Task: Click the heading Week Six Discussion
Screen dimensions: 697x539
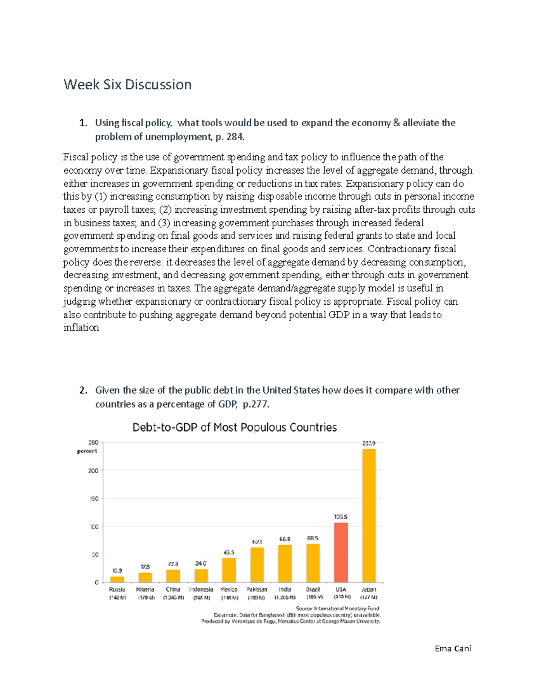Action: pos(128,84)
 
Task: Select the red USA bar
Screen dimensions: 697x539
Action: pos(341,552)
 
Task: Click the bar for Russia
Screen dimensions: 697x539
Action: pos(117,579)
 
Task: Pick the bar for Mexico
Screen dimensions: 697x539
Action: pos(229,570)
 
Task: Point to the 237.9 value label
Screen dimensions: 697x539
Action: pos(369,443)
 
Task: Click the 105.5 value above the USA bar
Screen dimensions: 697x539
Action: pos(340,517)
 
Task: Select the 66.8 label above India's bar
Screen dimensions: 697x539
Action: pos(285,539)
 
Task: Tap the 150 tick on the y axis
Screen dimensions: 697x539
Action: pos(94,499)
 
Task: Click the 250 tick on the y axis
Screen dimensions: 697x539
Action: pos(93,443)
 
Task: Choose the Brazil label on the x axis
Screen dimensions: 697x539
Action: pos(313,589)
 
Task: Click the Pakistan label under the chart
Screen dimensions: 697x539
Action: pos(257,589)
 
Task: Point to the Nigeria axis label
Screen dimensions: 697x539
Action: pos(145,589)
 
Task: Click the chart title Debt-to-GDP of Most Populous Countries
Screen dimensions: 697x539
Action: pos(234,427)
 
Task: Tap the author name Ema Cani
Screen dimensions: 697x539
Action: pos(453,648)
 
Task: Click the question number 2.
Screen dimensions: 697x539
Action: pos(83,390)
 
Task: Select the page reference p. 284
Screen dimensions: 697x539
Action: pos(230,137)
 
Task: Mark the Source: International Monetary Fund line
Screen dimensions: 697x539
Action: pos(338,609)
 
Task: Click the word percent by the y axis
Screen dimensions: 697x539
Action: pos(87,451)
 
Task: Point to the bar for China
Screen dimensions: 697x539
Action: pos(173,576)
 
